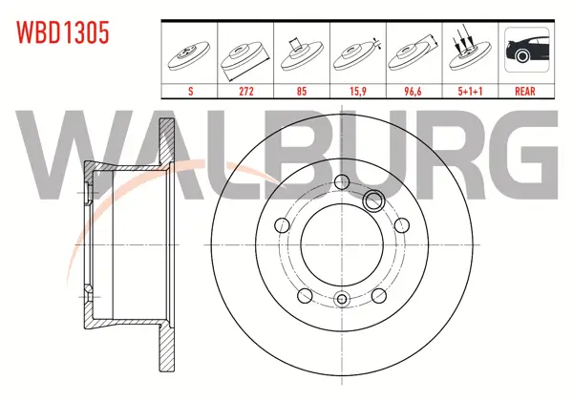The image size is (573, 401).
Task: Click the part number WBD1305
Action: click(62, 32)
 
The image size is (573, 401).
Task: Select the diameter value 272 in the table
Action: click(246, 92)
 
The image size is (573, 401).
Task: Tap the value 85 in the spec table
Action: click(302, 92)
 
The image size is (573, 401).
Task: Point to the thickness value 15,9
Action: click(358, 92)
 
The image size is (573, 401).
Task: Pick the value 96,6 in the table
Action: click(413, 92)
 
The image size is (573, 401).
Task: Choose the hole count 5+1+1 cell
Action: click(470, 92)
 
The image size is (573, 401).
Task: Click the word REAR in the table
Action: click(525, 92)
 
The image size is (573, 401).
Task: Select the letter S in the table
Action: click(190, 92)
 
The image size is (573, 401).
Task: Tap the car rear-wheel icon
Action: click(527, 50)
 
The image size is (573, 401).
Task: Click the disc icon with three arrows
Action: click(469, 52)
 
